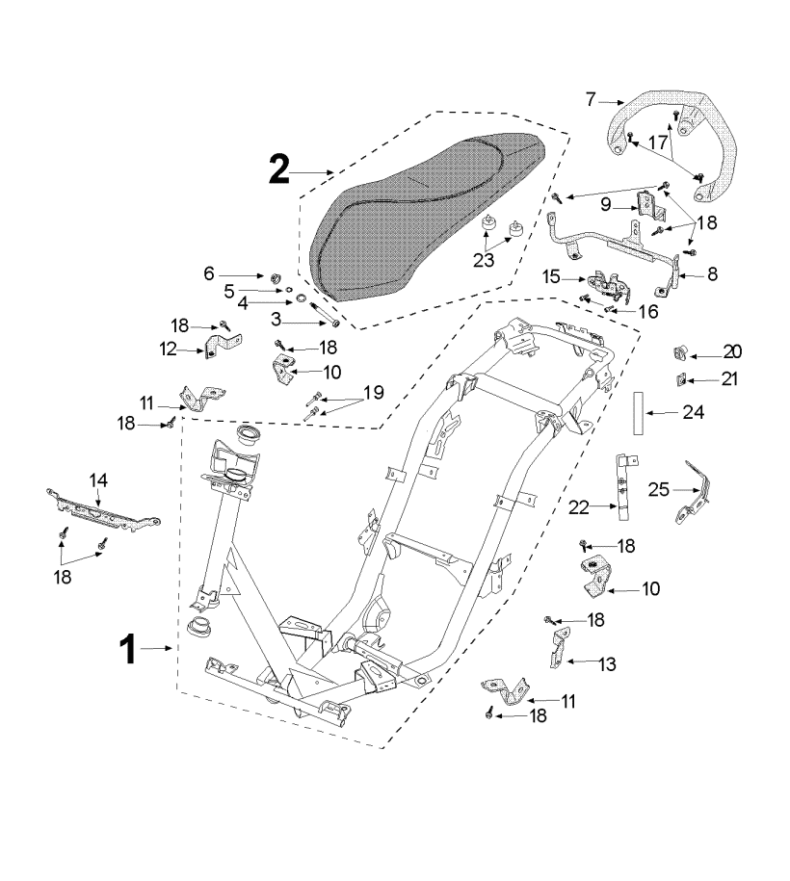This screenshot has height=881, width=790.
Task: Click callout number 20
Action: click(x=732, y=350)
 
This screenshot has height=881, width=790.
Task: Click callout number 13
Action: click(x=607, y=663)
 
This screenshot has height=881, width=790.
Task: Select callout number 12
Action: click(x=170, y=350)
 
